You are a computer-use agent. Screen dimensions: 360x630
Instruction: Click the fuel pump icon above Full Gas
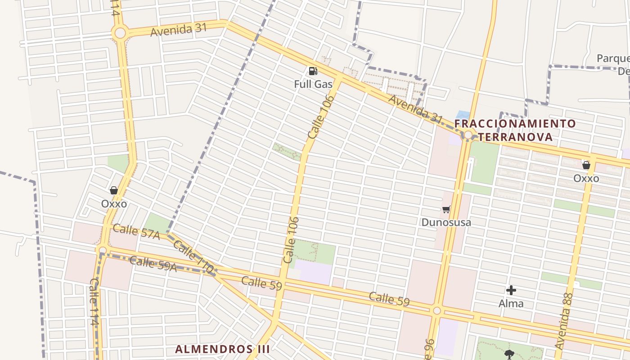[x=312, y=71]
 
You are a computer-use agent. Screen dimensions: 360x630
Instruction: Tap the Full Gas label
[x=313, y=84]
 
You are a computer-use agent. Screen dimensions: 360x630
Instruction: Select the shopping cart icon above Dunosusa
[x=446, y=209]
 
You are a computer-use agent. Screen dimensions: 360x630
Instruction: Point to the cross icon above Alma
[x=511, y=290]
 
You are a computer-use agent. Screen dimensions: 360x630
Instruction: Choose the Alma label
[x=511, y=304]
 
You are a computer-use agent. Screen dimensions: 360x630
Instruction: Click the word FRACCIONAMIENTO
[x=515, y=124]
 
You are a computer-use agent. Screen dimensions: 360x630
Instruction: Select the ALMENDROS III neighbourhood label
[x=222, y=349]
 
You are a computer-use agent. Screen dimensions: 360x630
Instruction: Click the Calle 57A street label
[x=136, y=231]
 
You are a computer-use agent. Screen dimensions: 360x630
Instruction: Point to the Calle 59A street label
[x=153, y=263]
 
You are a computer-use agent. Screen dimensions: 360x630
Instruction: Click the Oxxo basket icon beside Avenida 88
[x=586, y=165]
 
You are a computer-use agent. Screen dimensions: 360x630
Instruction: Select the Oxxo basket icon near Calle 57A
[x=114, y=190]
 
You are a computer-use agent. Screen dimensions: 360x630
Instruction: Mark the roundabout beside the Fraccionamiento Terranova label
[x=468, y=135]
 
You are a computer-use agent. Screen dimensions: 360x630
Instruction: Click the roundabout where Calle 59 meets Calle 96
[x=436, y=310]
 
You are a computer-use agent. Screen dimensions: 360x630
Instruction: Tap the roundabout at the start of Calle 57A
[x=103, y=250]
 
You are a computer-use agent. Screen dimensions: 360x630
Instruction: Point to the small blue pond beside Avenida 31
[x=463, y=115]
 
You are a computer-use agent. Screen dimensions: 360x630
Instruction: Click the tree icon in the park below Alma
[x=509, y=354]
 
